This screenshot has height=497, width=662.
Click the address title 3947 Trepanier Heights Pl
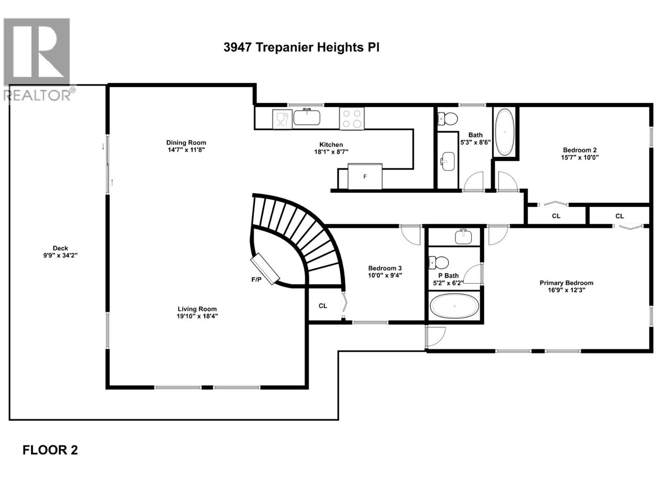point(301,47)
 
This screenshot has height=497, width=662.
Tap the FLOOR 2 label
point(50,450)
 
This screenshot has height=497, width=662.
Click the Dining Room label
point(186,142)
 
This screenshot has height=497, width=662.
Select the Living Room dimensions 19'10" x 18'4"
point(197,316)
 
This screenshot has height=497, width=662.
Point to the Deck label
point(60,248)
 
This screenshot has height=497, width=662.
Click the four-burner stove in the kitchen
point(352,118)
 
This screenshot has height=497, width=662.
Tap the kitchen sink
point(307,118)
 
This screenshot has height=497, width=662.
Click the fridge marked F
point(365,176)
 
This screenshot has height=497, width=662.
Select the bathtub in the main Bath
point(505,132)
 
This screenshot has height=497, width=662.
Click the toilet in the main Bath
point(448,119)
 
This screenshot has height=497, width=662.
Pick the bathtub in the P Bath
point(454,306)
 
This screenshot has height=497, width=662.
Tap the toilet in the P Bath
point(439,262)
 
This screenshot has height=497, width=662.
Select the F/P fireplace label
point(257,280)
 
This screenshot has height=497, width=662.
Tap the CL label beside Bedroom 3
point(323,306)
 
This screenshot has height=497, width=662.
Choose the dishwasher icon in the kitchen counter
point(282,119)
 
